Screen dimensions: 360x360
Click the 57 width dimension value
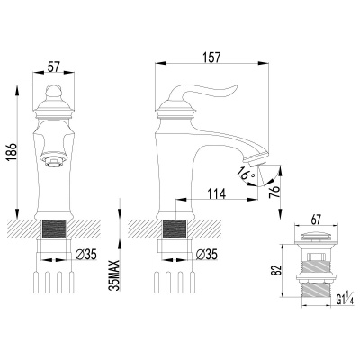pyautogui.click(x=53, y=67)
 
